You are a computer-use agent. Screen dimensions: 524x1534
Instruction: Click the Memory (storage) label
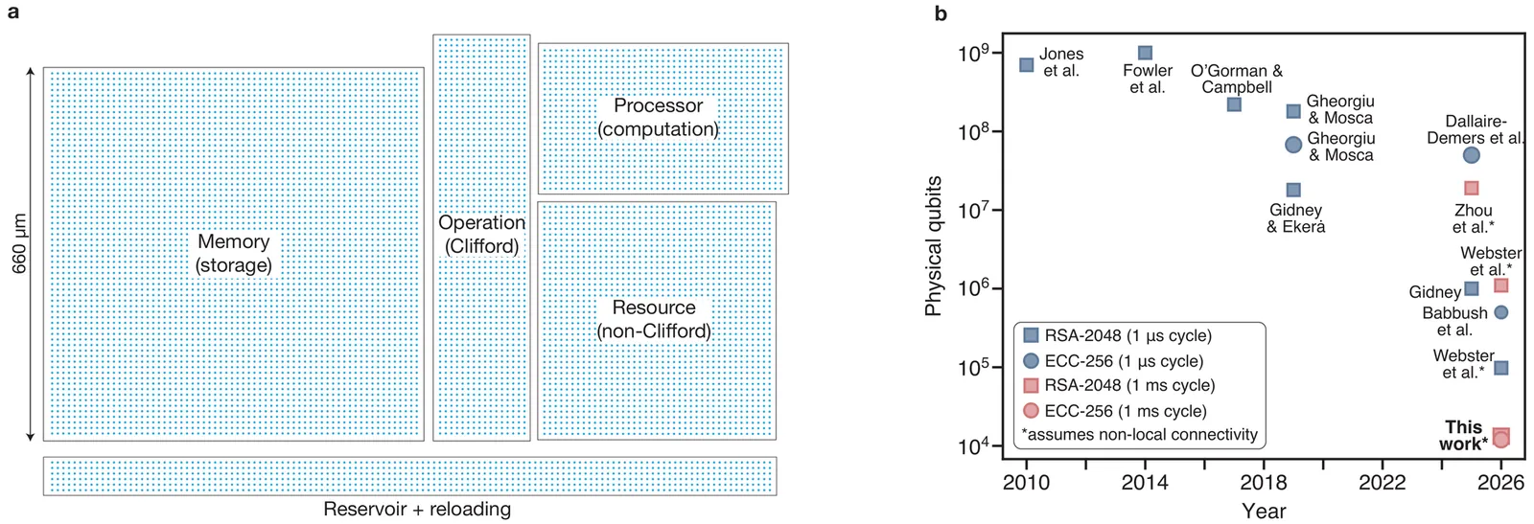[x=233, y=253]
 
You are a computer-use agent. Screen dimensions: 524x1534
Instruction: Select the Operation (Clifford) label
[x=481, y=234]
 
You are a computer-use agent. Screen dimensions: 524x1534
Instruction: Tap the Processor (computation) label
[x=658, y=117]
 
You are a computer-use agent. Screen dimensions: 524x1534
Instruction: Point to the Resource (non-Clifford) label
[x=654, y=319]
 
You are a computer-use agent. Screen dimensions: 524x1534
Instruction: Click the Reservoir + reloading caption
[x=416, y=509]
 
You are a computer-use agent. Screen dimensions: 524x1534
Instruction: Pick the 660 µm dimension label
[x=19, y=244]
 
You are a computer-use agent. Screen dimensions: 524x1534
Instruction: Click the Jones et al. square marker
[x=1026, y=65]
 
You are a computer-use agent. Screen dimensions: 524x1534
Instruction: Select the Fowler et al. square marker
[x=1145, y=53]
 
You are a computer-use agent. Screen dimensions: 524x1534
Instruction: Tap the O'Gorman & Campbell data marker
[x=1234, y=104]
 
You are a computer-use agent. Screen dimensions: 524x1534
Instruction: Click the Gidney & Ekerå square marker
[x=1293, y=190]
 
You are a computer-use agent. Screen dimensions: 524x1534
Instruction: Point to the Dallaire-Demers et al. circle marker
[x=1471, y=155]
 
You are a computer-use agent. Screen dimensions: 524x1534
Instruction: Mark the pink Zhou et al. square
[x=1471, y=188]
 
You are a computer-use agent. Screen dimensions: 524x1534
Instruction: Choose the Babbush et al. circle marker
[x=1500, y=312]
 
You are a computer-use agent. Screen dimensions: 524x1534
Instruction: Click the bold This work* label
[x=1463, y=435]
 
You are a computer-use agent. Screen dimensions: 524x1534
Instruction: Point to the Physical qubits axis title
[x=934, y=246]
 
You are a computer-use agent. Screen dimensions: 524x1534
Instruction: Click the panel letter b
[x=941, y=13]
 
